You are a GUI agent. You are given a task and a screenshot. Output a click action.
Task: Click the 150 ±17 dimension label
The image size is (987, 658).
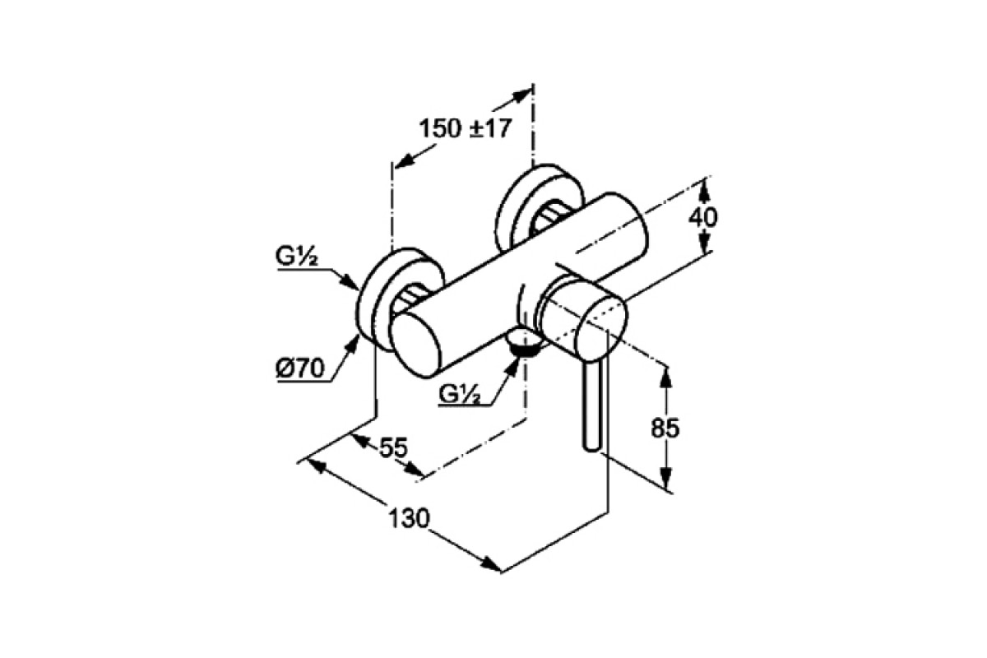[465, 128]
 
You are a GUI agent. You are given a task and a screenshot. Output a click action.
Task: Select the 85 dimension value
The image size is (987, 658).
[665, 427]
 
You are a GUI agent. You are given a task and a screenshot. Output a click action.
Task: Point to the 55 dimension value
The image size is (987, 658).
[394, 447]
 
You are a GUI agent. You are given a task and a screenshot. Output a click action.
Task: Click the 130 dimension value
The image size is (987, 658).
[409, 518]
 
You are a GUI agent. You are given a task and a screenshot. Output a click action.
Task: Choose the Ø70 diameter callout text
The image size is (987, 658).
[300, 368]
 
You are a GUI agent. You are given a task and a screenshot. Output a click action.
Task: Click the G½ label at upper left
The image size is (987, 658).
[297, 257]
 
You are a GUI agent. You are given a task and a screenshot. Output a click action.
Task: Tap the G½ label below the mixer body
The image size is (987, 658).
[459, 394]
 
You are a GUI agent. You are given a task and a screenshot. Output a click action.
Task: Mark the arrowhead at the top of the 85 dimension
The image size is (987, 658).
[667, 378]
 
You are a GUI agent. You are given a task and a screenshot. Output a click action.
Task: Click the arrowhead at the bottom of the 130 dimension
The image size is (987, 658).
[491, 565]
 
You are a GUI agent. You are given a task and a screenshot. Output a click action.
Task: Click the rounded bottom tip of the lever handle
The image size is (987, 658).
[591, 448]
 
